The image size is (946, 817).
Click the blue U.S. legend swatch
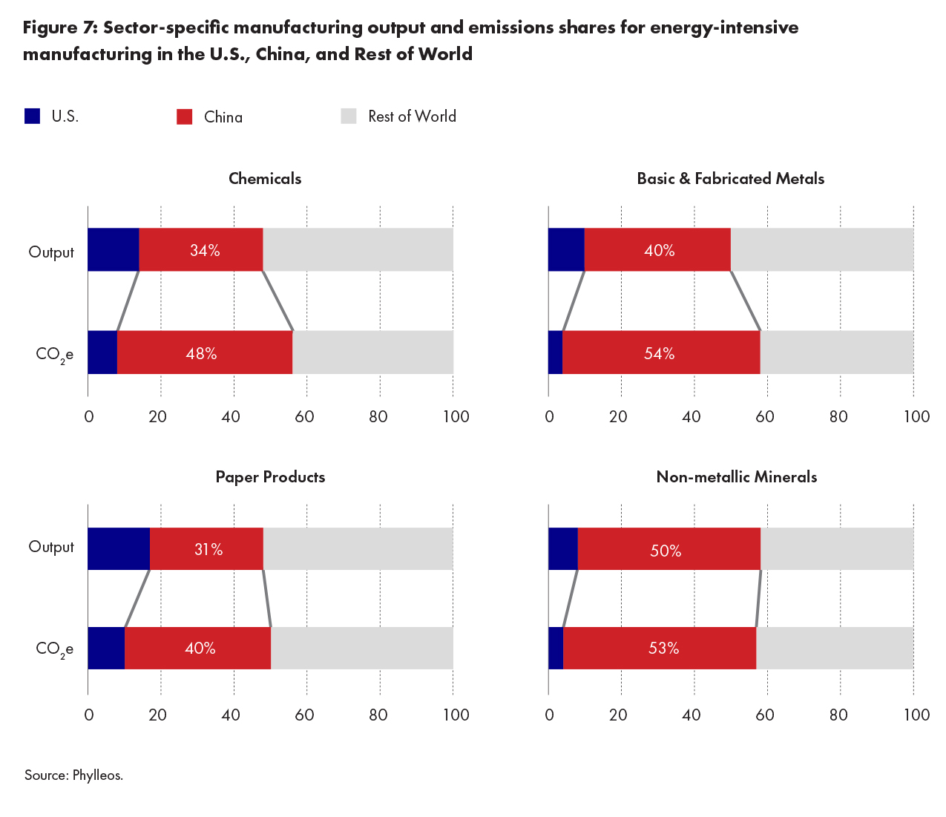pyautogui.click(x=32, y=117)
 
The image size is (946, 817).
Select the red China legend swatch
pyautogui.click(x=185, y=117)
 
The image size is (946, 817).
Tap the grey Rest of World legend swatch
pyautogui.click(x=349, y=117)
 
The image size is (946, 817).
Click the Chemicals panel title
pyautogui.click(x=265, y=179)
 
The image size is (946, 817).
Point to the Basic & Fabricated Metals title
pyautogui.click(x=730, y=179)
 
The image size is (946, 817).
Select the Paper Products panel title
pyautogui.click(x=270, y=477)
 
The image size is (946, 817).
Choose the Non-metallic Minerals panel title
pyautogui.click(x=736, y=477)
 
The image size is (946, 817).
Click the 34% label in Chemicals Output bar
pyautogui.click(x=205, y=251)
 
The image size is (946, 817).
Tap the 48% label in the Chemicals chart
pyautogui.click(x=201, y=354)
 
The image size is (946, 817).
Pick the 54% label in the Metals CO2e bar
pyautogui.click(x=659, y=354)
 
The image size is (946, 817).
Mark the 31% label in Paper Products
pyautogui.click(x=208, y=550)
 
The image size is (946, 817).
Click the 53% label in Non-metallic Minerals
pyautogui.click(x=663, y=649)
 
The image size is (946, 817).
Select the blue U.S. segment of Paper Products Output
pyautogui.click(x=119, y=549)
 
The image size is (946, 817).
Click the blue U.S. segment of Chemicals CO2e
pyautogui.click(x=102, y=352)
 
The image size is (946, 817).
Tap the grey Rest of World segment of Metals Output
pyautogui.click(x=822, y=250)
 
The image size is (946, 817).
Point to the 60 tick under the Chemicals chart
pyautogui.click(x=304, y=416)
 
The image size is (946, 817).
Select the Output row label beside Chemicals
pyautogui.click(x=51, y=252)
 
